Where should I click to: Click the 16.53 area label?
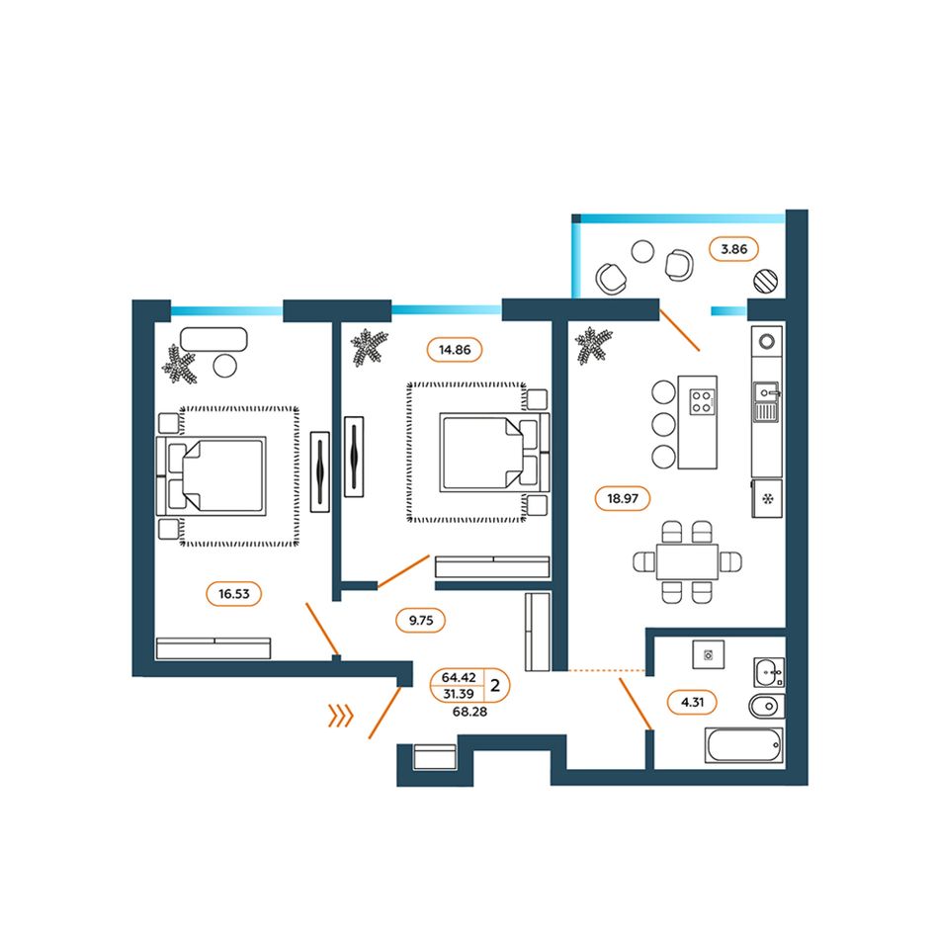point(233,594)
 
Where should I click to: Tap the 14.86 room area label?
point(455,350)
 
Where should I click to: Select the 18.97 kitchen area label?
point(622,498)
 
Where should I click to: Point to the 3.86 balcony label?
point(733,249)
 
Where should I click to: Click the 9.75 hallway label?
point(420,621)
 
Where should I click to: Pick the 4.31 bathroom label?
point(692,702)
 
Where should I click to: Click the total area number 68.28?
point(469,712)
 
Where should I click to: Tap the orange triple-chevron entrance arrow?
point(341,715)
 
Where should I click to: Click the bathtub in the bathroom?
point(743,745)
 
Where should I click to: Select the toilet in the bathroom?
point(767,707)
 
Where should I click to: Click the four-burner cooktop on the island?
point(702,402)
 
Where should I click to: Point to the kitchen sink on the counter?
point(766,402)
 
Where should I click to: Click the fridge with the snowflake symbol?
point(767,498)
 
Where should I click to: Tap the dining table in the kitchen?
point(687,561)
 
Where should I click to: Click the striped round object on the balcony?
point(765,281)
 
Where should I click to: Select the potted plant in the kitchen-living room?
point(593,346)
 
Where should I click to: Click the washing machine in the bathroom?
point(709,654)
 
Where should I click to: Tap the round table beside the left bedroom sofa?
point(225,366)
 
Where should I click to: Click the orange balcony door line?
point(679,329)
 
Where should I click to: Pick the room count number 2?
point(495,685)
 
